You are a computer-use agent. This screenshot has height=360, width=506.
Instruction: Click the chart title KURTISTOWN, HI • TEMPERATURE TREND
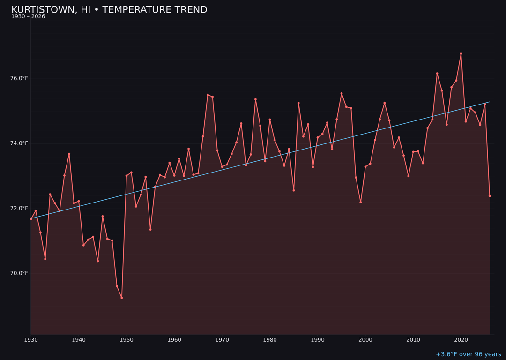(109, 10)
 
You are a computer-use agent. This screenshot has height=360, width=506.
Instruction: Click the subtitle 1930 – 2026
(28, 17)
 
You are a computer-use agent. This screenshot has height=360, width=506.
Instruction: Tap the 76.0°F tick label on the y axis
(19, 78)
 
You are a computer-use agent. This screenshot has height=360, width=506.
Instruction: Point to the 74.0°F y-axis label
(19, 143)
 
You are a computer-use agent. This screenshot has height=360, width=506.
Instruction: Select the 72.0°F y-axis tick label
(19, 208)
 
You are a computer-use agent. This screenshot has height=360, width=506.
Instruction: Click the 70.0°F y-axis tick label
(19, 273)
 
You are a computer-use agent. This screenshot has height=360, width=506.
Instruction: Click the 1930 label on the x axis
(31, 340)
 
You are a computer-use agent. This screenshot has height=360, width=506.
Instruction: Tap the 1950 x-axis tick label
(126, 340)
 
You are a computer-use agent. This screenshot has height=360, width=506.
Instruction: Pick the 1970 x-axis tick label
(222, 340)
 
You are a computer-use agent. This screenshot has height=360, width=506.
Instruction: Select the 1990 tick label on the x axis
(318, 340)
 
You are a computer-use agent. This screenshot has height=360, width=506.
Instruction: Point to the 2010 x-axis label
(413, 340)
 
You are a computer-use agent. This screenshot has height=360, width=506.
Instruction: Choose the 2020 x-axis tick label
(461, 340)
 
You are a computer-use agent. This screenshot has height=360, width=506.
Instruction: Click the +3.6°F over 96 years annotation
(468, 354)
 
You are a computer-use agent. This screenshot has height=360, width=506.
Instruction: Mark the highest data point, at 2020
(461, 54)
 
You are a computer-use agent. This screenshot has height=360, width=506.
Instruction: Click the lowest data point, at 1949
(122, 298)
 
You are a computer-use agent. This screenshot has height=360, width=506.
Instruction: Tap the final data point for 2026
(490, 196)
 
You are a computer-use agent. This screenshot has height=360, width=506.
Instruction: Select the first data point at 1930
(31, 219)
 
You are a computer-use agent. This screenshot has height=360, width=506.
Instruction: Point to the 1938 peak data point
(69, 154)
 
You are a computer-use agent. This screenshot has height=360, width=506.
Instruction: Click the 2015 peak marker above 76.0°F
(437, 74)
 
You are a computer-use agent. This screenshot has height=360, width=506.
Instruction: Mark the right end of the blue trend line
(490, 102)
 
